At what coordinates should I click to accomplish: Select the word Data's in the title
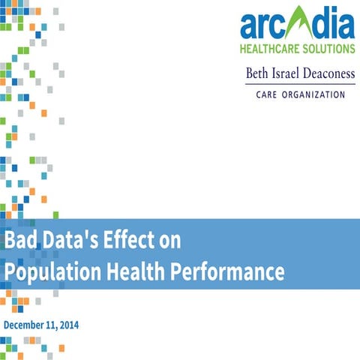tap(69, 241)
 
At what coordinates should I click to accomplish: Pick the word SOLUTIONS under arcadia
tap(327, 49)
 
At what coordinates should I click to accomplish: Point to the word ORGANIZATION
tap(316, 95)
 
